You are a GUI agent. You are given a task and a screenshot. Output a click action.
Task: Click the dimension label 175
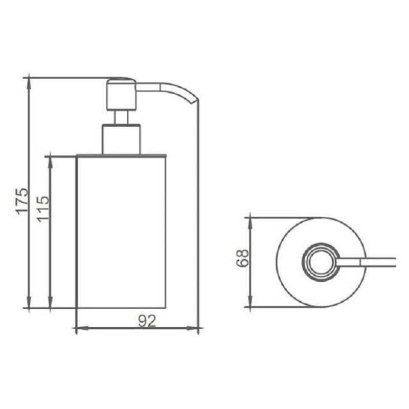click(22, 201)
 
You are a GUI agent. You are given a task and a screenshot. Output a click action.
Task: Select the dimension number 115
click(43, 209)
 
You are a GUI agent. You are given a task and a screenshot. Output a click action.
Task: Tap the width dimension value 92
click(147, 321)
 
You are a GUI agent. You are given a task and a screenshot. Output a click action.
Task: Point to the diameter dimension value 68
click(242, 258)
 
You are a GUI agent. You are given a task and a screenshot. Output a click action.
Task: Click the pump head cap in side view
click(121, 95)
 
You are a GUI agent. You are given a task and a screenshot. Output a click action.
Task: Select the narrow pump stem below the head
click(121, 118)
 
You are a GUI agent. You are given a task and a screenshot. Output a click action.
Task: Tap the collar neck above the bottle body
click(121, 140)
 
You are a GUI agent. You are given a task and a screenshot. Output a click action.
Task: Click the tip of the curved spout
click(194, 101)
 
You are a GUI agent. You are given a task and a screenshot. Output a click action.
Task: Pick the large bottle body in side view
click(121, 232)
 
